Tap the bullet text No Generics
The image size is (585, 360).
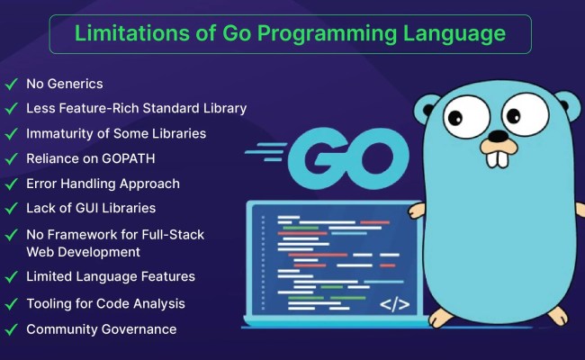64,84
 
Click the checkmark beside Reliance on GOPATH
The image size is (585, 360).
12,158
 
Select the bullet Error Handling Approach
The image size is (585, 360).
103,184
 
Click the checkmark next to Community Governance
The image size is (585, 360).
12,329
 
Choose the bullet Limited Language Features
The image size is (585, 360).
111,276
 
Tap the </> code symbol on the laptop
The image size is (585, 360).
395,303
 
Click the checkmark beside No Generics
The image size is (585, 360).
12,84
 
